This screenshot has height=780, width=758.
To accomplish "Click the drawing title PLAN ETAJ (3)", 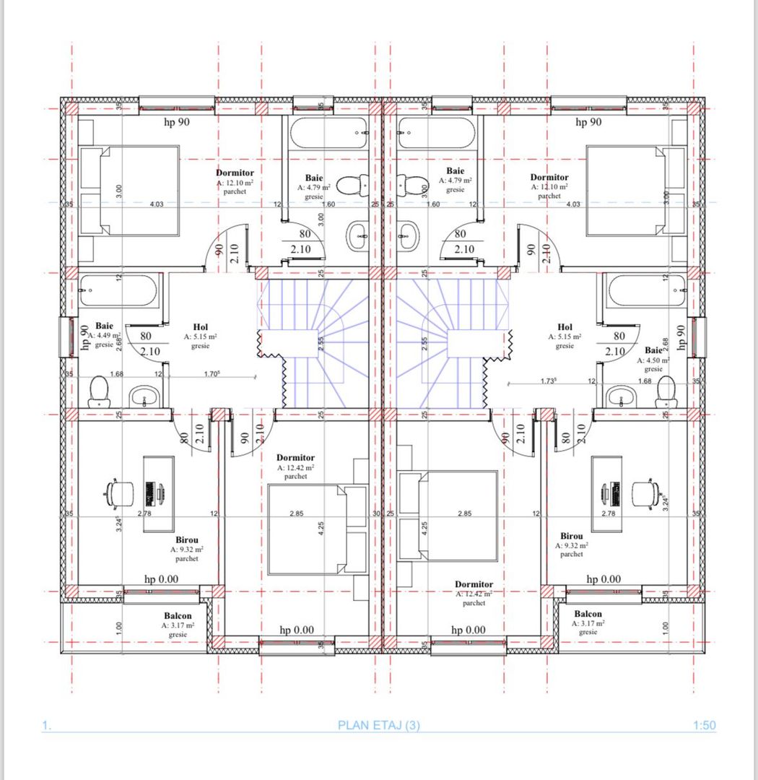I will coord(378,725).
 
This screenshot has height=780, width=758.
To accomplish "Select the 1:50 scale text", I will coord(704,725).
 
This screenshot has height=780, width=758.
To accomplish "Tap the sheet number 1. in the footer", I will coord(47,725).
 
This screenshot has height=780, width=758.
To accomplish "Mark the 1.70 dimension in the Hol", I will coord(212,374).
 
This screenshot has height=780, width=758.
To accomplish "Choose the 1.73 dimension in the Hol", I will coord(552,380).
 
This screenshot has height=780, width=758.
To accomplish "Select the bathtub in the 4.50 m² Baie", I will coord(645,291).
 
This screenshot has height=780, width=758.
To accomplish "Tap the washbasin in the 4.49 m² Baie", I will coord(146,396).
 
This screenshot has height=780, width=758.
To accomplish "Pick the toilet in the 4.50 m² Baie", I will coord(666,390).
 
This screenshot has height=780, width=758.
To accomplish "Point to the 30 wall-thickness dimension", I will coord(375,513).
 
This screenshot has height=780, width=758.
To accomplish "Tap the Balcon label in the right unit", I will coord(588,614).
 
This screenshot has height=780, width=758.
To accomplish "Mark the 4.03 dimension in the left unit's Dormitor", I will coord(157,204).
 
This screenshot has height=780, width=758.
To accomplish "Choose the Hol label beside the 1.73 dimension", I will coord(565,327).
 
